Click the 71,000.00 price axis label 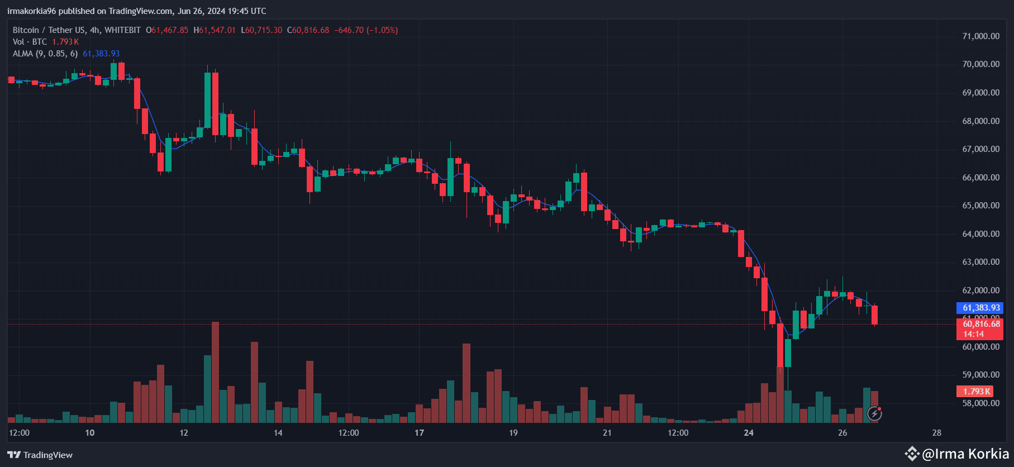tap(980, 36)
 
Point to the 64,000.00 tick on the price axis tap(980, 234)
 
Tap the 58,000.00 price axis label tap(980, 403)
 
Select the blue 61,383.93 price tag tap(981, 308)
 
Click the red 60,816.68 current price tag tap(981, 324)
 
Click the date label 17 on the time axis tap(420, 432)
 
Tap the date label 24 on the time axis tap(749, 432)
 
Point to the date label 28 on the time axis tap(937, 432)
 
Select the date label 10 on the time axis tap(90, 432)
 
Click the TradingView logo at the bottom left tap(40, 455)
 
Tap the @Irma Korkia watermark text tap(965, 454)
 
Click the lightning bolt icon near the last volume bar tap(874, 413)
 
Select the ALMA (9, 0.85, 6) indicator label tap(45, 54)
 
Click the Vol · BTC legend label tap(30, 42)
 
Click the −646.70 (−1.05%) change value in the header tap(366, 30)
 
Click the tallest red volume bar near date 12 tap(215, 371)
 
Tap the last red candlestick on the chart tap(874, 314)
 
